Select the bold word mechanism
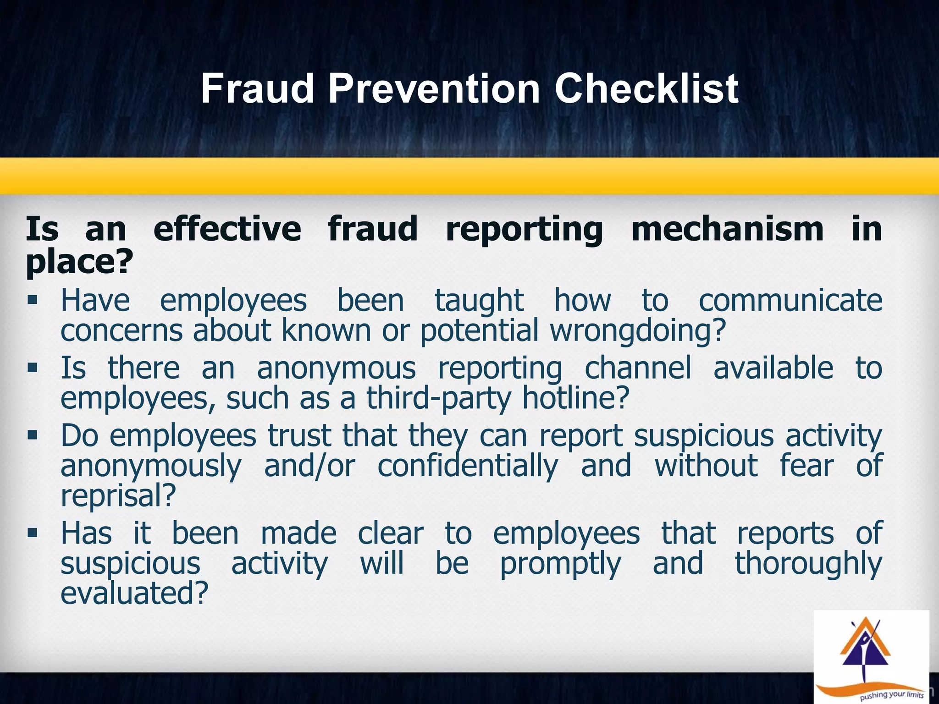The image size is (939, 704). click(x=727, y=229)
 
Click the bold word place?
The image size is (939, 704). click(x=79, y=262)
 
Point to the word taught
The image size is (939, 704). click(x=479, y=301)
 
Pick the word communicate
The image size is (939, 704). click(x=790, y=301)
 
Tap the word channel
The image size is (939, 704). click(x=637, y=368)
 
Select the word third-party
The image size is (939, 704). click(x=438, y=398)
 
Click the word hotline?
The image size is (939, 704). click(x=576, y=398)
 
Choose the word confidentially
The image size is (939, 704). click(x=468, y=466)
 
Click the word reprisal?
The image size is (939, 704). click(x=118, y=496)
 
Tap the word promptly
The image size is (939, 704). click(x=560, y=564)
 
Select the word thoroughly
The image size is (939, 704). click(x=808, y=564)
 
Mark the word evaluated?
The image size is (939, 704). click(x=134, y=593)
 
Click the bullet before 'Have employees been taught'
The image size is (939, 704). click(x=32, y=301)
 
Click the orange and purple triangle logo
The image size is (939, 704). click(x=865, y=651)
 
